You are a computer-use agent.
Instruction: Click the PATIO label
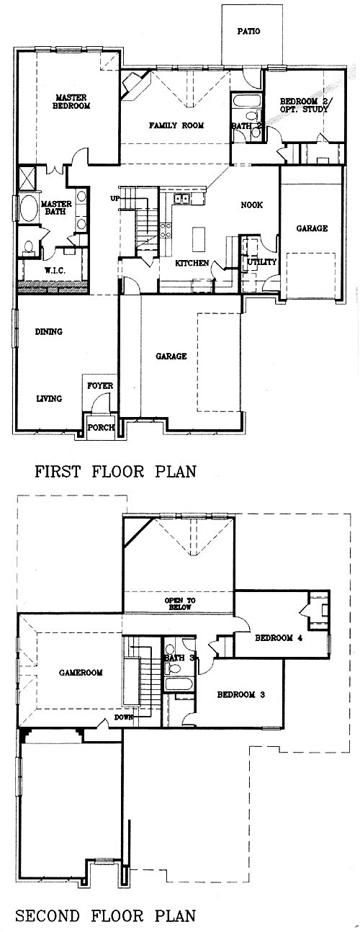(x=248, y=31)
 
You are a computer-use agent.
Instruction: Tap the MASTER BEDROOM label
(x=71, y=102)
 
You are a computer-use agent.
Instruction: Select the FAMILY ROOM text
(x=176, y=125)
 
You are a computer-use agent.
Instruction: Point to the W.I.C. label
(x=55, y=271)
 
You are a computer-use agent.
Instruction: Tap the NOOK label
(x=251, y=205)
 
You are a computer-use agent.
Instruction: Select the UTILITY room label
(x=262, y=261)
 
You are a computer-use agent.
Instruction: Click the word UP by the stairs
(x=114, y=198)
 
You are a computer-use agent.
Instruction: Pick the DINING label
(x=49, y=331)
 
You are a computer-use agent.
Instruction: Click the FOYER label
(x=100, y=386)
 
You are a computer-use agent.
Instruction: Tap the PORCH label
(x=101, y=427)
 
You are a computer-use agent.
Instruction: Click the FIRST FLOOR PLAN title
(x=115, y=472)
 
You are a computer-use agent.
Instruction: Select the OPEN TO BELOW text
(x=180, y=604)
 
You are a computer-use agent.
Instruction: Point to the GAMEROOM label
(x=81, y=673)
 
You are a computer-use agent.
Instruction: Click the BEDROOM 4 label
(x=279, y=638)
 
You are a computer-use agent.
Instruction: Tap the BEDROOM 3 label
(x=241, y=694)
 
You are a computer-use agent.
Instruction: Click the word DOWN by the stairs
(x=124, y=717)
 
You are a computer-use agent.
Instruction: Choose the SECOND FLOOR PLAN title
(x=106, y=915)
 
